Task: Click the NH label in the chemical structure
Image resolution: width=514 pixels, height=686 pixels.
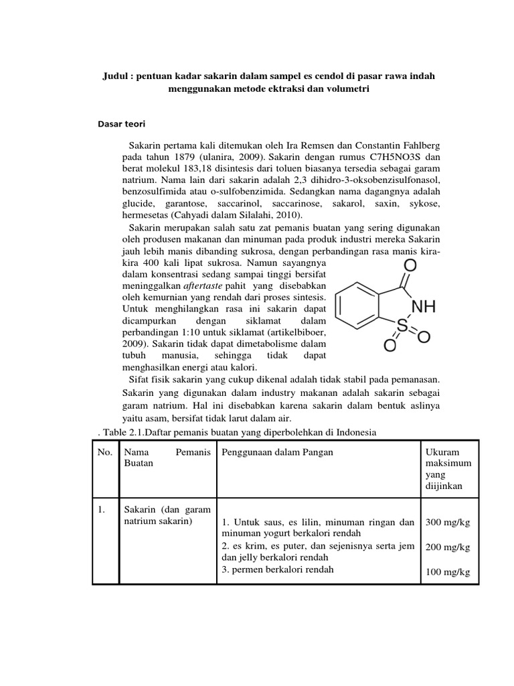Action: tap(423, 307)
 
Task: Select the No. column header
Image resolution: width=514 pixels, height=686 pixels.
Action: tap(104, 452)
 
